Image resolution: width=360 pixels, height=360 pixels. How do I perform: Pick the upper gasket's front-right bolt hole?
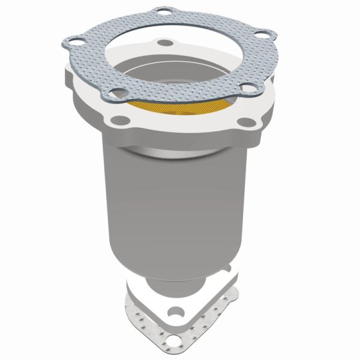pyautogui.click(x=246, y=91)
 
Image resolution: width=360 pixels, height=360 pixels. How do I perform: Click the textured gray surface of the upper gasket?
pyautogui.click(x=90, y=60)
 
